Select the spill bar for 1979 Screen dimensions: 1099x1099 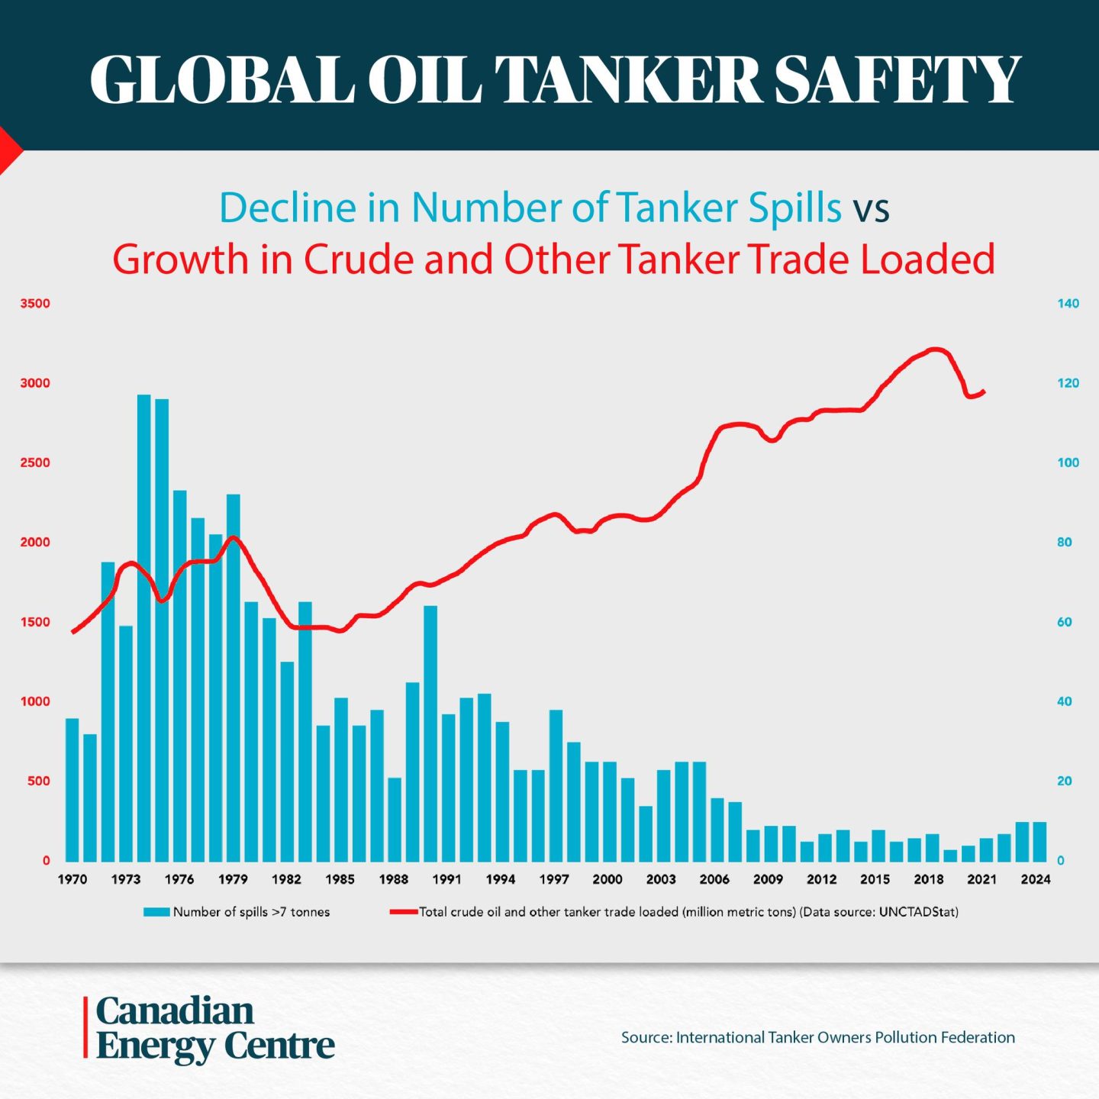coord(234,679)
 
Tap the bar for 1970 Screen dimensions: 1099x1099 coord(73,790)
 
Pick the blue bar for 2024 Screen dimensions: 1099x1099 coord(1039,841)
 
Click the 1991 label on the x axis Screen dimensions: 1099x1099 coord(447,879)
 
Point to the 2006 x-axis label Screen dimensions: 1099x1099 coord(714,879)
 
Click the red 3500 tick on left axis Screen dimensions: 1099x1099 coord(35,304)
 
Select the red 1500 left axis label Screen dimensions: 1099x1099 coord(35,622)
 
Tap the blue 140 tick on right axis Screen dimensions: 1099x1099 coord(1068,304)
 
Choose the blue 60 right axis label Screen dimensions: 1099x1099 coord(1064,622)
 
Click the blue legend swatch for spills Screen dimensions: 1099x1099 coord(156,912)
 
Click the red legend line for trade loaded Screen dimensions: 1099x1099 coord(403,912)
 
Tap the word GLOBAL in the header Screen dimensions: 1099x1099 coord(222,79)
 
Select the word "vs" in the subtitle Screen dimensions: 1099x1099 coord(871,208)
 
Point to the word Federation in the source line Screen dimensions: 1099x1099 coord(978,1037)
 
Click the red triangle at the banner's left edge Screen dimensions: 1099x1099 coord(8,150)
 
